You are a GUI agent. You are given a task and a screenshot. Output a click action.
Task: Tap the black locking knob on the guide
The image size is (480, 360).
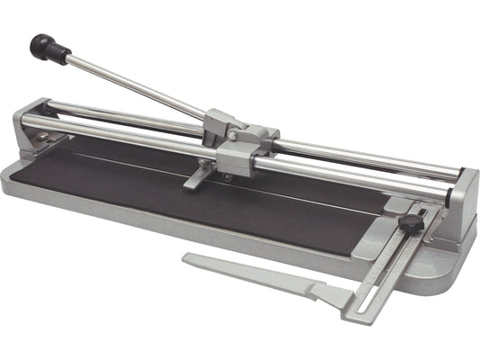coord(412,223)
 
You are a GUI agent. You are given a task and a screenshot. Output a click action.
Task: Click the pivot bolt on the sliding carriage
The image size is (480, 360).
coord(233,136)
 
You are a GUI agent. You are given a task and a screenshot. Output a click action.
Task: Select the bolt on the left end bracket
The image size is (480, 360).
coord(41,136)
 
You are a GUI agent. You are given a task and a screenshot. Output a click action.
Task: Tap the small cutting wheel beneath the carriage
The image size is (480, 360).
coord(226,177)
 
